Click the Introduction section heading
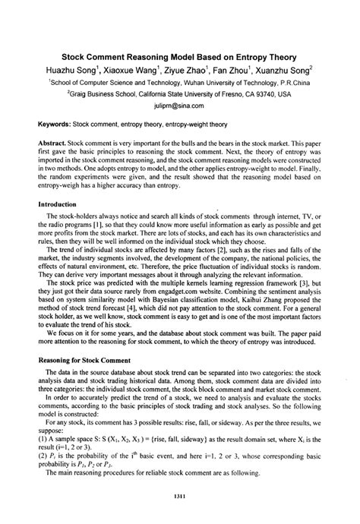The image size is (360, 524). (60, 204)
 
